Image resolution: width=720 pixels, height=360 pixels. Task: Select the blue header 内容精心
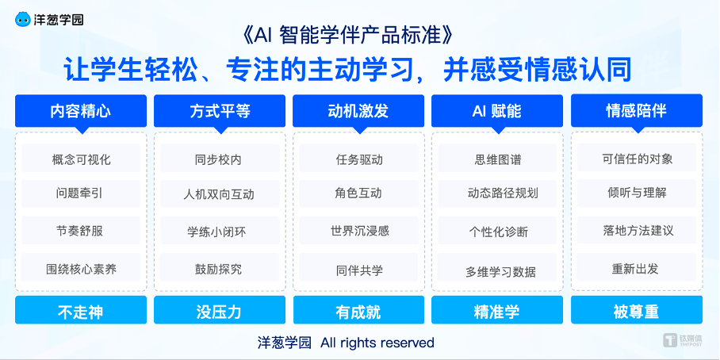coord(81,111)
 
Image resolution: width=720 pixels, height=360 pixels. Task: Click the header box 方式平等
coord(220,111)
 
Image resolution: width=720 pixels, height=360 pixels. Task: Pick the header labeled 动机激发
coord(358,111)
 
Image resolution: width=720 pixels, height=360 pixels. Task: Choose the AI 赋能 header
coord(497,111)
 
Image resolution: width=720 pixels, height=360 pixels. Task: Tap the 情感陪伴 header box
coord(636,111)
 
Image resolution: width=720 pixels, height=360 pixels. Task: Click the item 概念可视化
coord(81,159)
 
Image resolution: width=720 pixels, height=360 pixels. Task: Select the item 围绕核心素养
coord(81,269)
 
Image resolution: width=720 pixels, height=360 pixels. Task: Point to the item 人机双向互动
coord(220,194)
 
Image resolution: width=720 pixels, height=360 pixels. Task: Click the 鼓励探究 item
coord(220,269)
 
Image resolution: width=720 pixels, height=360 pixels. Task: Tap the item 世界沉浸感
coord(358,232)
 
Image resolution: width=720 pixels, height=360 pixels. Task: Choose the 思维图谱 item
coord(497,159)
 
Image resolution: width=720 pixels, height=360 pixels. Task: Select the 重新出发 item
coord(636,269)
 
